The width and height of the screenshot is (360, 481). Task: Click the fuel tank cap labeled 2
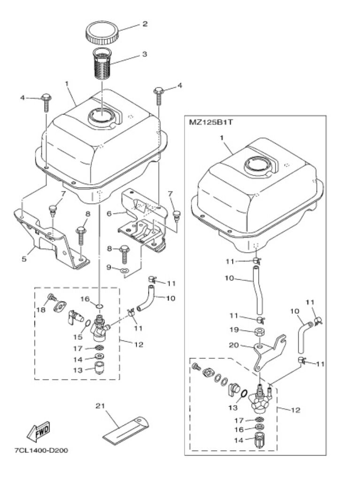pyautogui.click(x=101, y=34)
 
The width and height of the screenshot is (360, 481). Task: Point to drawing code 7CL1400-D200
pyautogui.click(x=41, y=450)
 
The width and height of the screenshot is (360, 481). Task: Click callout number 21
pyautogui.click(x=100, y=406)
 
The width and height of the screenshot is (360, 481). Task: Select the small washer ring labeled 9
pyautogui.click(x=124, y=271)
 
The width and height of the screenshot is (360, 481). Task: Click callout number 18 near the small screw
pyautogui.click(x=41, y=310)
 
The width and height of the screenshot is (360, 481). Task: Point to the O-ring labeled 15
pyautogui.click(x=87, y=324)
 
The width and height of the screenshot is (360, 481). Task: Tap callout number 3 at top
pyautogui.click(x=144, y=54)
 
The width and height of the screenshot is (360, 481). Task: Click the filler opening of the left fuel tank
pyautogui.click(x=101, y=116)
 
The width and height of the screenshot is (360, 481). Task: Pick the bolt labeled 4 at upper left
pyautogui.click(x=46, y=103)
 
